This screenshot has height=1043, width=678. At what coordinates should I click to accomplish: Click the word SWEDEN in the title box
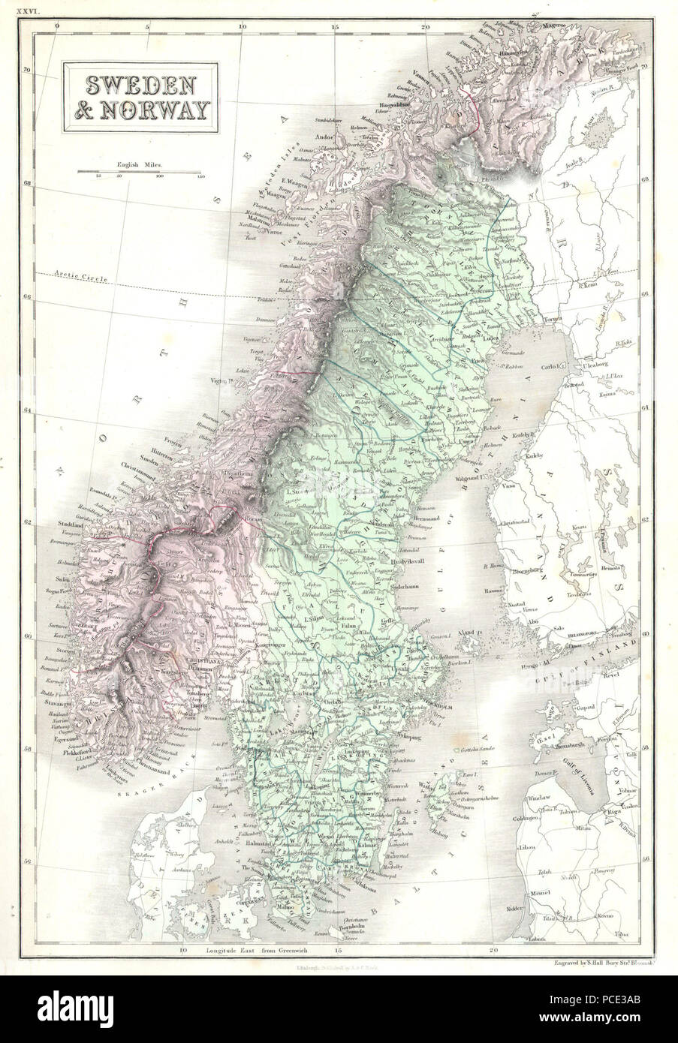[x=140, y=84]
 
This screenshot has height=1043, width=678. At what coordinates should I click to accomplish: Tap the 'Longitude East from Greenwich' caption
[x=250, y=951]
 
